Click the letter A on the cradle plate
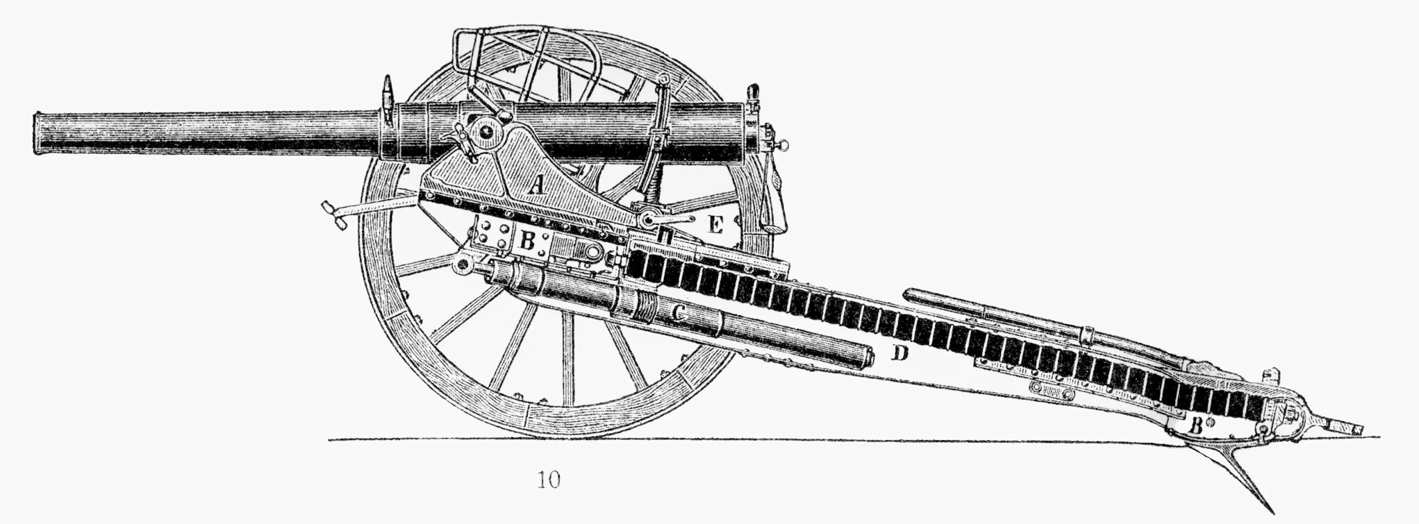pyautogui.click(x=536, y=185)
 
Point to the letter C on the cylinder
pyautogui.click(x=679, y=314)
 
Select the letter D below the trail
pyautogui.click(x=899, y=353)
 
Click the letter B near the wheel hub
pyautogui.click(x=527, y=241)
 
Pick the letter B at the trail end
pyautogui.click(x=1195, y=425)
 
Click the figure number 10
pyautogui.click(x=548, y=480)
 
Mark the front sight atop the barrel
pyautogui.click(x=387, y=94)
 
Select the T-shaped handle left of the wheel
pyautogui.click(x=334, y=213)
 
